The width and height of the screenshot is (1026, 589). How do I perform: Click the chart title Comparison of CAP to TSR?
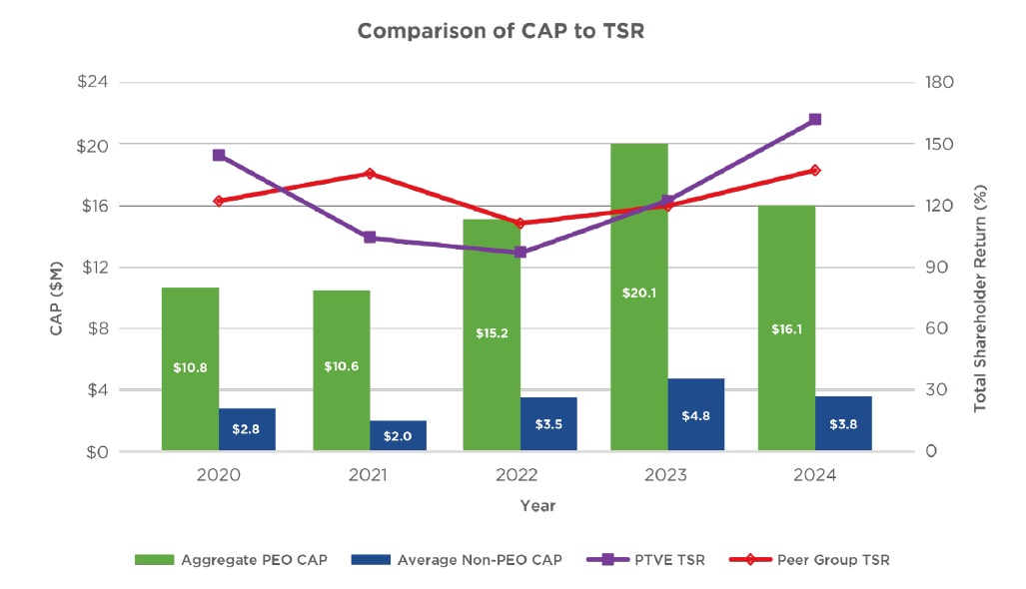[501, 31]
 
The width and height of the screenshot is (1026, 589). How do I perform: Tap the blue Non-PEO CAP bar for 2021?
[398, 435]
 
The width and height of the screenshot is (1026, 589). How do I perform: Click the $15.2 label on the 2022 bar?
[492, 332]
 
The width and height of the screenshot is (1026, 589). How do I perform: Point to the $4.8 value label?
[695, 416]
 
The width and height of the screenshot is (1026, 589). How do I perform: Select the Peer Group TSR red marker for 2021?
[370, 174]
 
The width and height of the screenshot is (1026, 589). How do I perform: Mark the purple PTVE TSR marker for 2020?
[219, 156]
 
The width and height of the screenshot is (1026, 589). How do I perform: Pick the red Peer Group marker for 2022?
[519, 224]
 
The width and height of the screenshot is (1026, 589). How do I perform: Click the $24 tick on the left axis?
[93, 82]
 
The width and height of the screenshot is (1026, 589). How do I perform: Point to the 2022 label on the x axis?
[517, 476]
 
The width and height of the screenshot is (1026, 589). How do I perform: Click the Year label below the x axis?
[536, 506]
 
